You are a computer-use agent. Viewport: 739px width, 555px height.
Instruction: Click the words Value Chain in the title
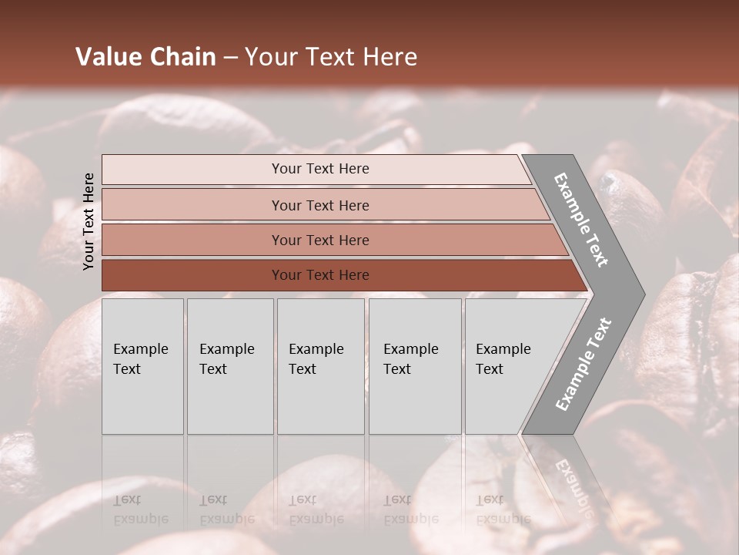(145, 57)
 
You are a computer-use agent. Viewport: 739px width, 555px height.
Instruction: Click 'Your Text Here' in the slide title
(330, 57)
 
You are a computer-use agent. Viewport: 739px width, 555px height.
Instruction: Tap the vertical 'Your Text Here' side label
(89, 221)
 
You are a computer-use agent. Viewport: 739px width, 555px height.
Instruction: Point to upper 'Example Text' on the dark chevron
(581, 220)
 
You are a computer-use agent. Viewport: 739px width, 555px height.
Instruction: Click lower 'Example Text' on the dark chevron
(584, 364)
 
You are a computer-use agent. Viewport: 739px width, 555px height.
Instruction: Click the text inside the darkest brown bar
(320, 275)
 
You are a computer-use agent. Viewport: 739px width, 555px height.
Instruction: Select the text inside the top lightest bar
(320, 169)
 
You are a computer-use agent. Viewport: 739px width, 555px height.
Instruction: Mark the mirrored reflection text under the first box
(140, 510)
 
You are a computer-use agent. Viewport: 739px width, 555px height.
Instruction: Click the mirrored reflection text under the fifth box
(503, 510)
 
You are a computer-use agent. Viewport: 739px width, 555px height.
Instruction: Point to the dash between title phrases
(230, 58)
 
